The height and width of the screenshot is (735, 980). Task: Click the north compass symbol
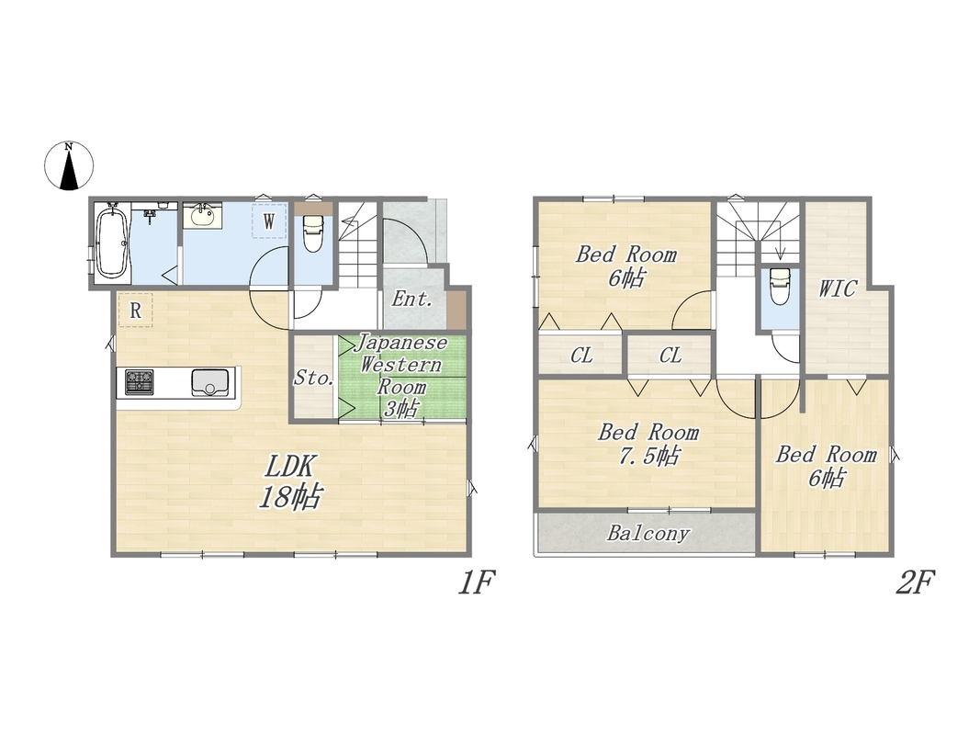69,165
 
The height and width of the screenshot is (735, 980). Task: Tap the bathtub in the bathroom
112,241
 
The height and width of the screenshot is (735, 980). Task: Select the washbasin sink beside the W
201,216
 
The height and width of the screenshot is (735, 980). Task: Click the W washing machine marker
269,220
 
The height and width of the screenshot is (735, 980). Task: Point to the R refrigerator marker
136,310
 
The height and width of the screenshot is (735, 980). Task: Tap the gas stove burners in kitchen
140,382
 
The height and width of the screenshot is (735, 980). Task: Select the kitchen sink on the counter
210,382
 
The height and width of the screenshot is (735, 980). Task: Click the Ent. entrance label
412,300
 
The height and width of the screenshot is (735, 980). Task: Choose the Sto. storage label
314,378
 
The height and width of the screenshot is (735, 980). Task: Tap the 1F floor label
477,583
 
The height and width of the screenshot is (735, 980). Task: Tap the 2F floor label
915,583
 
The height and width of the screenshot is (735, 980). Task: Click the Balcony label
648,533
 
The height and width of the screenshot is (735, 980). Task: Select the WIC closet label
838,288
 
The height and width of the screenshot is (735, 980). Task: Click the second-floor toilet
779,286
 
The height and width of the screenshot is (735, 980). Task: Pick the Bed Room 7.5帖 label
648,444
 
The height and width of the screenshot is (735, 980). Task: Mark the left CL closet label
582,356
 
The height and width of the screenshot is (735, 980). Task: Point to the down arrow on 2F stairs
780,250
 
